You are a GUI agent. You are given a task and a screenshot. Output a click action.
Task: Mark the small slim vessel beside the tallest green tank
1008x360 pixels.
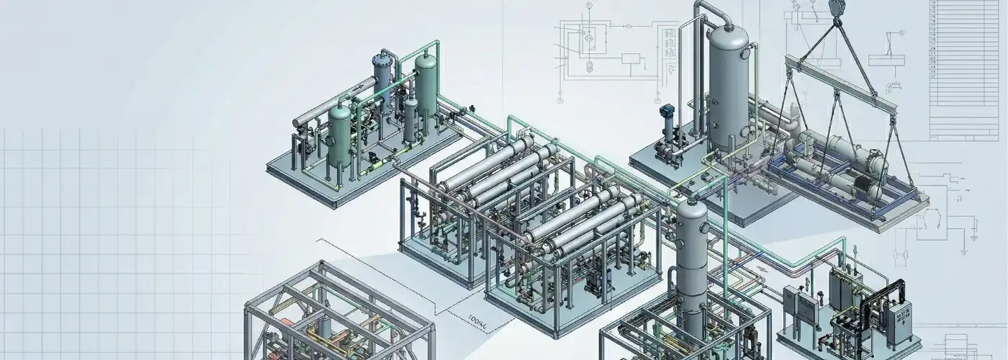coord(410,119)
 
